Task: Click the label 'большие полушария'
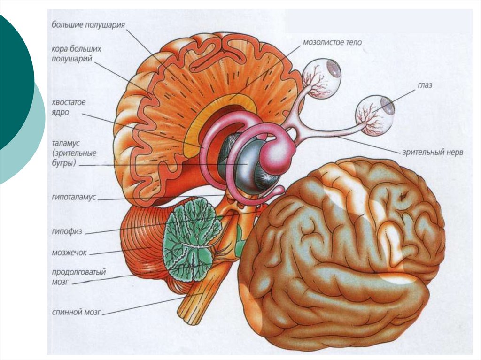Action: pyautogui.click(x=88, y=25)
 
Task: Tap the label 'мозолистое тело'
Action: pyautogui.click(x=332, y=42)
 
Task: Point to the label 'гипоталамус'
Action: pyautogui.click(x=74, y=198)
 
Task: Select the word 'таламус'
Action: pyautogui.click(x=67, y=141)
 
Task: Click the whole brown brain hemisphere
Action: pyautogui.click(x=343, y=253)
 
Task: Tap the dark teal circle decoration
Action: pyautogui.click(x=12, y=80)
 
